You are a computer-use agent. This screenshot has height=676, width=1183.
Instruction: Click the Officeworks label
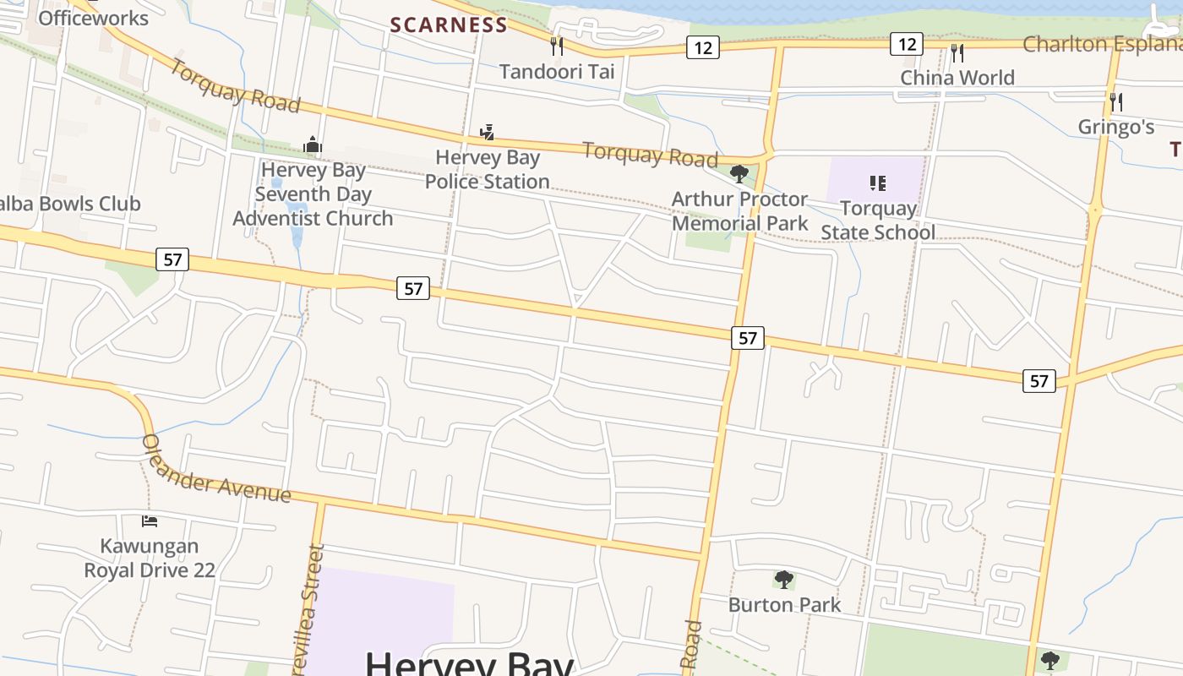[x=93, y=18]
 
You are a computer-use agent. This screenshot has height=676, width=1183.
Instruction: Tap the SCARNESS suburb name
[x=449, y=25]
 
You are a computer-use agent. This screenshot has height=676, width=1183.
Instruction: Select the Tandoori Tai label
[x=557, y=71]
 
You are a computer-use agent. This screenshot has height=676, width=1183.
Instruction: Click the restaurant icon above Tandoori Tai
[x=556, y=46]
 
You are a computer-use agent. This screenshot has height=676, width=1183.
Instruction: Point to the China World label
[x=957, y=78]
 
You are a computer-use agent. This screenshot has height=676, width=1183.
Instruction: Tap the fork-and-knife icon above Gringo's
[x=1116, y=102]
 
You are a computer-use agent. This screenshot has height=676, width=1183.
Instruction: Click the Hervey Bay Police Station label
[x=488, y=169]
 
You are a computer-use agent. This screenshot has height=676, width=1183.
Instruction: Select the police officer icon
[x=486, y=132]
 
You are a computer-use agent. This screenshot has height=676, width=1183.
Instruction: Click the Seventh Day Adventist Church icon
[x=313, y=145]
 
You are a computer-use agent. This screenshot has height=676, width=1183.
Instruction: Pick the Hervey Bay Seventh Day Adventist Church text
[x=313, y=194]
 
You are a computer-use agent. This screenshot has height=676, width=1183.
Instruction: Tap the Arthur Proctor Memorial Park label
[x=740, y=210]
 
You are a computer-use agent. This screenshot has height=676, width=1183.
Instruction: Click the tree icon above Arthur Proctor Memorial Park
[x=739, y=174]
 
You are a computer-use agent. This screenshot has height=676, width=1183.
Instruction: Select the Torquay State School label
[x=878, y=220]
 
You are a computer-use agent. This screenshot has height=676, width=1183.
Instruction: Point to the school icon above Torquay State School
[x=878, y=183]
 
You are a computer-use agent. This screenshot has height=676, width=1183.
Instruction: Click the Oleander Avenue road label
[x=215, y=470]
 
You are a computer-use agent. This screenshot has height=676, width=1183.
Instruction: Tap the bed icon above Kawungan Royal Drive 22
[x=150, y=521]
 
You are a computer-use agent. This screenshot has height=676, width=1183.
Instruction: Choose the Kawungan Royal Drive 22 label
[x=150, y=558]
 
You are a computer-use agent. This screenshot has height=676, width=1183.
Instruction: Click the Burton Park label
[x=784, y=604]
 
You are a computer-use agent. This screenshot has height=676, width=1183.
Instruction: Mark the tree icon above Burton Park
[x=784, y=580]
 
